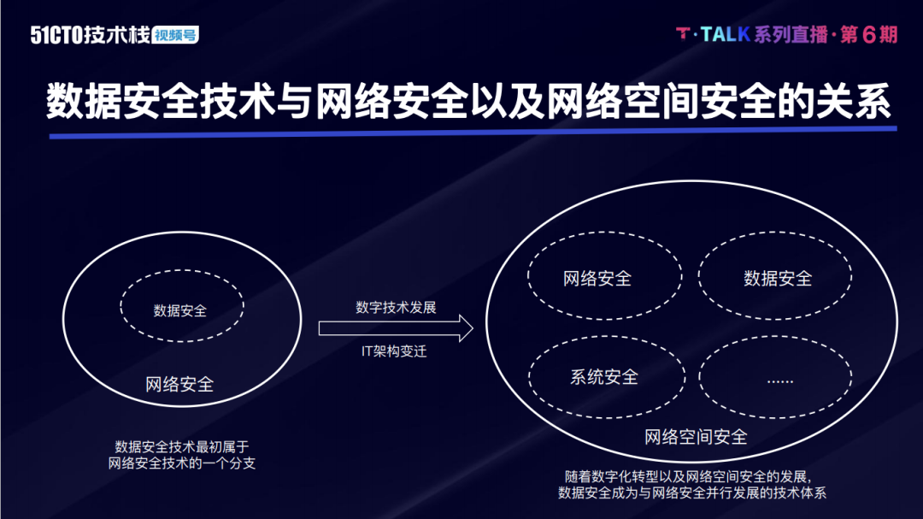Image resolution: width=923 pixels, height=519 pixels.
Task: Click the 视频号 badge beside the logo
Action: tap(175, 35)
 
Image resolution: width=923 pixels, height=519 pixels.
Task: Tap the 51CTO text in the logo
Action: tap(56, 35)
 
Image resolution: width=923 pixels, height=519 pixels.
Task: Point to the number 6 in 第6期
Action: tap(869, 35)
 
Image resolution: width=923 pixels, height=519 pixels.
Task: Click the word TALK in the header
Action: tap(726, 35)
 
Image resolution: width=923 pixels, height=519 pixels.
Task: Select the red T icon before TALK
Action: tap(683, 34)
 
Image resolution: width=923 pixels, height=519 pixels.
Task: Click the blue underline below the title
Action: tap(473, 133)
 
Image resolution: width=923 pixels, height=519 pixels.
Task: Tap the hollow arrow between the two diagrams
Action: tap(396, 328)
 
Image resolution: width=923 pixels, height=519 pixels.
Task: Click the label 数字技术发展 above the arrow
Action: tap(396, 308)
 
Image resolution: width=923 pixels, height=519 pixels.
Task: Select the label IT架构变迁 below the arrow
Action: tap(394, 351)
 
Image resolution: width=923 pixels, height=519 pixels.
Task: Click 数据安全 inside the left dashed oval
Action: tap(180, 310)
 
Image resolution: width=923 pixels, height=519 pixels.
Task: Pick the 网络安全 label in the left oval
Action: tap(179, 385)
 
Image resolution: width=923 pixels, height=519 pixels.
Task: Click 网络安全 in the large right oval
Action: tap(597, 278)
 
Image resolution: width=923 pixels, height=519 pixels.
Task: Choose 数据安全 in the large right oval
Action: tap(778, 278)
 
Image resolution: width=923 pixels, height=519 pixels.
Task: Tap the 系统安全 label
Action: tap(604, 377)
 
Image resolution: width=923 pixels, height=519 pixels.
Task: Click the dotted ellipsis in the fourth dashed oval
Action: tap(780, 381)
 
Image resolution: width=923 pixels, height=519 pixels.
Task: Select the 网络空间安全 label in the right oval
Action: tap(696, 437)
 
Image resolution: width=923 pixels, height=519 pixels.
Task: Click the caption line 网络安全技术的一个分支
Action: tap(182, 463)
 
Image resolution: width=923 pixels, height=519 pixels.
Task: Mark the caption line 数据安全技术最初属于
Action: tap(182, 446)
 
